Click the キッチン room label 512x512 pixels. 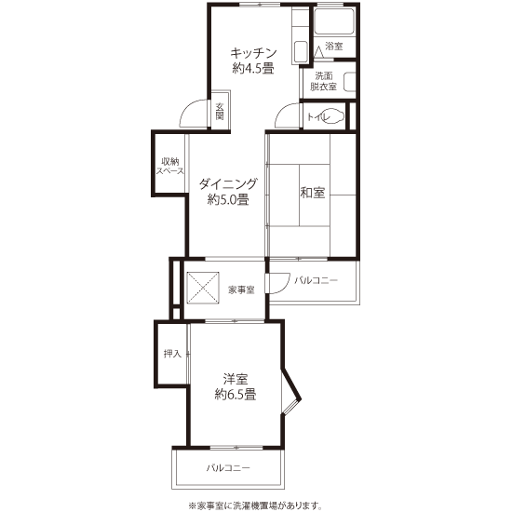pyautogui.click(x=253, y=53)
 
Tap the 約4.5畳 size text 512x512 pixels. pyautogui.click(x=253, y=68)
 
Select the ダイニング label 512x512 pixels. pyautogui.click(x=228, y=184)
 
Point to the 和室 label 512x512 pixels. pyautogui.click(x=313, y=193)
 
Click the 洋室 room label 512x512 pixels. pyautogui.click(x=236, y=379)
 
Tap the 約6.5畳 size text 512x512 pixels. pyautogui.click(x=236, y=395)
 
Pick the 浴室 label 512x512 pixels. pyautogui.click(x=333, y=46)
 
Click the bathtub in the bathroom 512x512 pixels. pyautogui.click(x=334, y=21)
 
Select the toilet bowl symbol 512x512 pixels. pyautogui.click(x=332, y=116)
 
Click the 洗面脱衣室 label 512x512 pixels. pyautogui.click(x=323, y=82)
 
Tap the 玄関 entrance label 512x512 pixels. pyautogui.click(x=220, y=112)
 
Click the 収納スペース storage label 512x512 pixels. pyautogui.click(x=170, y=167)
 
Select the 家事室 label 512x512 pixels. pyautogui.click(x=241, y=290)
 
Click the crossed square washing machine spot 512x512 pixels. pyautogui.click(x=202, y=288)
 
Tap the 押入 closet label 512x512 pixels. pyautogui.click(x=172, y=354)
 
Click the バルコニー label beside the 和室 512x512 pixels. pyautogui.click(x=317, y=280)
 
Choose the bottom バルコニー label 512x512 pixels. pyautogui.click(x=228, y=468)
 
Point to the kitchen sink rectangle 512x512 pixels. pyautogui.click(x=301, y=51)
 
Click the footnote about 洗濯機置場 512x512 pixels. pyautogui.click(x=255, y=505)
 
